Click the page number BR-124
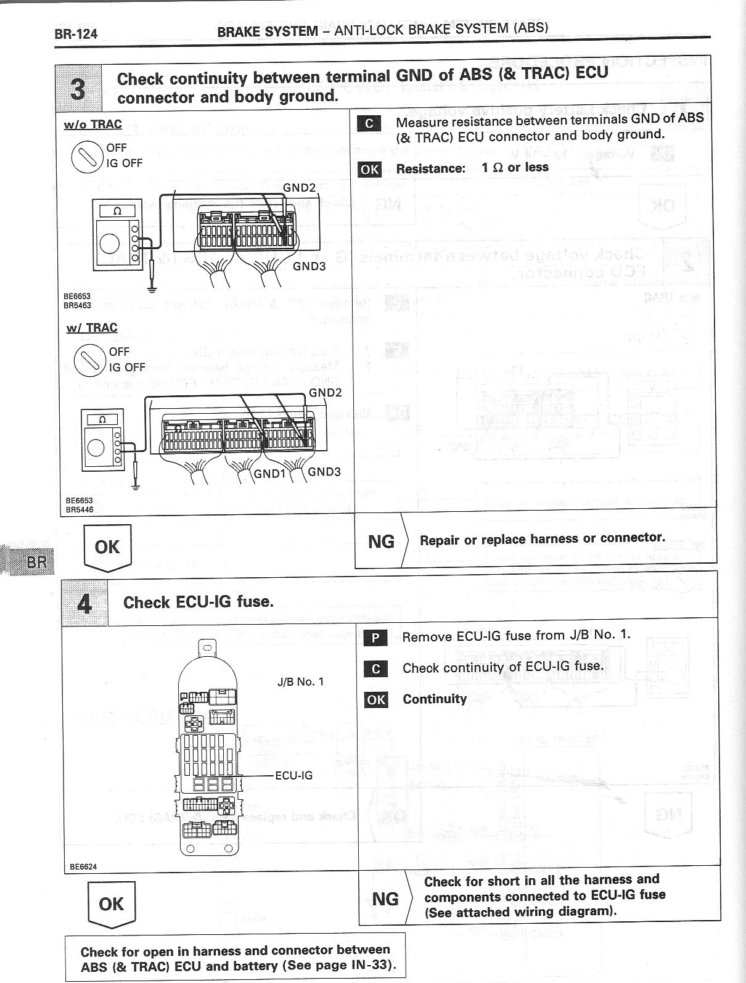point(76,33)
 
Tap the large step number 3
point(78,88)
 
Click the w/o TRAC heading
point(92,124)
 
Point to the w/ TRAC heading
point(92,327)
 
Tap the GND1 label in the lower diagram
point(270,474)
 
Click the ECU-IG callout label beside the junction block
point(293,775)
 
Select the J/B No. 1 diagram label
point(300,681)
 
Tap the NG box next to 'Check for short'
point(385,899)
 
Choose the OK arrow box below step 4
point(111,904)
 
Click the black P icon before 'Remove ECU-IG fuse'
point(375,638)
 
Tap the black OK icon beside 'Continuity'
point(375,699)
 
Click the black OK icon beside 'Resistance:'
point(369,169)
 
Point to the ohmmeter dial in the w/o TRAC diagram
point(109,244)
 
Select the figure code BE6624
point(83,866)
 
